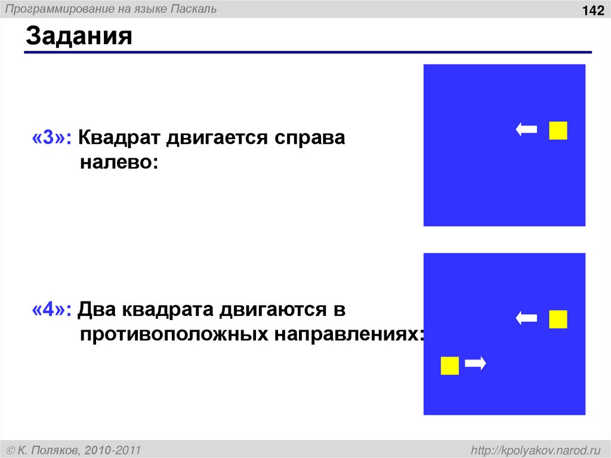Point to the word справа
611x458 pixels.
309,139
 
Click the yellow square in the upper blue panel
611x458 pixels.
558,130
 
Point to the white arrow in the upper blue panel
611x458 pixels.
526,130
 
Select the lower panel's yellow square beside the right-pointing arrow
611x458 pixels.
450,365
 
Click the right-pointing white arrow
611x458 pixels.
476,363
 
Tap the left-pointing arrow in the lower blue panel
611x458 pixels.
526,318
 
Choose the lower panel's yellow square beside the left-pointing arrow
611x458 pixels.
558,319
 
